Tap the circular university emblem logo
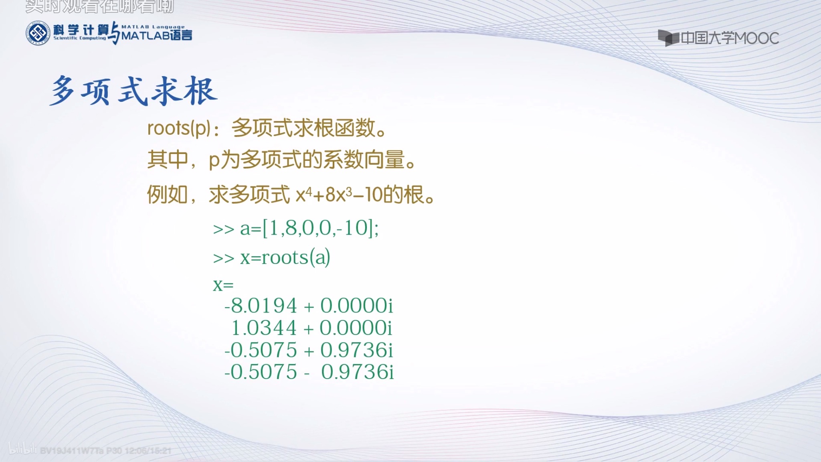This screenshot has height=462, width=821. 38,33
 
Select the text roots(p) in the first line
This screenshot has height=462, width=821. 179,128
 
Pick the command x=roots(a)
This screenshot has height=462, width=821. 285,257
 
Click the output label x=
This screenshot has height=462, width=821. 223,285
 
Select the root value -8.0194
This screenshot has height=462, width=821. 261,306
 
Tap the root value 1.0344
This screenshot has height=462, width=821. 264,328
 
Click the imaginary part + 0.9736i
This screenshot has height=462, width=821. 349,350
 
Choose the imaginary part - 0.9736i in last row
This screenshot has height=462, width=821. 349,372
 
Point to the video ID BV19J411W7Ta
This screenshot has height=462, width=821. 72,451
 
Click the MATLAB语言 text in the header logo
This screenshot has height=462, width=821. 157,35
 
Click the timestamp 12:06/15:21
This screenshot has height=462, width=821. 148,451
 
